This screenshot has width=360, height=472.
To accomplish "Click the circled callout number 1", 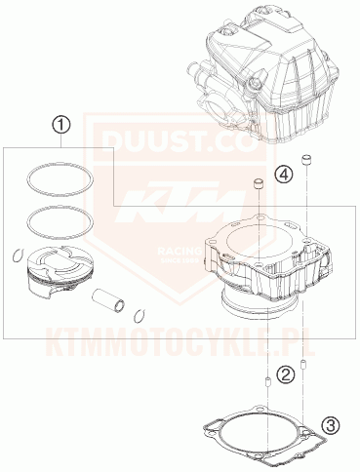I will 61,125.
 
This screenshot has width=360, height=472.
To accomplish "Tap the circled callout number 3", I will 331,425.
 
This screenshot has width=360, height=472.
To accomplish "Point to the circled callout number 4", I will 283,175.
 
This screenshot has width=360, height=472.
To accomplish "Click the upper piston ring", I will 60,178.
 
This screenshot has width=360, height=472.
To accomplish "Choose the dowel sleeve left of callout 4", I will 260,185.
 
